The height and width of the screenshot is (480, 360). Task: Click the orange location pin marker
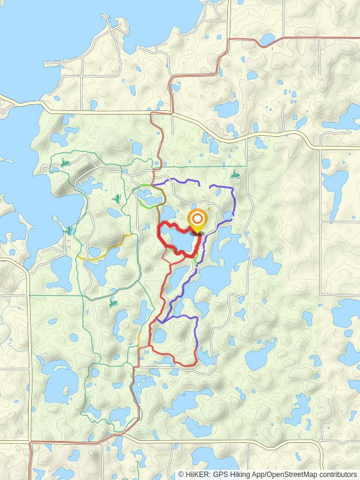[x=197, y=220]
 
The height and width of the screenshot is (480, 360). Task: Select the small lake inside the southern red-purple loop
[x=160, y=336]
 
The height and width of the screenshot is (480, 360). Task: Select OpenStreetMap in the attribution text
[x=290, y=474]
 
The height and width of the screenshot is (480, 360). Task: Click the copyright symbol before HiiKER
[x=181, y=474]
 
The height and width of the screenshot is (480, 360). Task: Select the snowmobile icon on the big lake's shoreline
[x=70, y=230]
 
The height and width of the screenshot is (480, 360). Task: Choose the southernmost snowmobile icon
[x=113, y=304]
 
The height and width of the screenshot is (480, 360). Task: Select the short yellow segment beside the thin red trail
[x=139, y=340]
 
